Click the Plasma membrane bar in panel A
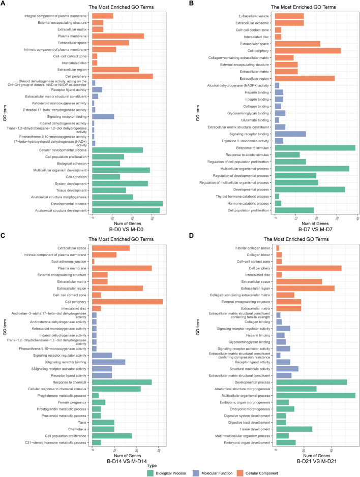[118, 36]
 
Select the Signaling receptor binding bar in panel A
[103, 116]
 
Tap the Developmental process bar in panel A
[127, 204]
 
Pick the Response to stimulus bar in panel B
[315, 148]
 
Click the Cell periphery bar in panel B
[308, 51]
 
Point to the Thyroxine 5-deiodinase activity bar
[279, 141]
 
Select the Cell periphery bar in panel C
[127, 302]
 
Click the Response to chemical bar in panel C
[122, 382]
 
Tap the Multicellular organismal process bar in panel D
[316, 396]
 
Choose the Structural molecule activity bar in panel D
[287, 369]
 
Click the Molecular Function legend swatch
[196, 473]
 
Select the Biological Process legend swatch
[150, 473]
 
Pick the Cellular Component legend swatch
[240, 473]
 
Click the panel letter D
[191, 235]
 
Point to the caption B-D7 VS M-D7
[315, 229]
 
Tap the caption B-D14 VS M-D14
[127, 461]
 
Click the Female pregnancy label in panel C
[72, 402]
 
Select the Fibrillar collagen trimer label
[253, 248]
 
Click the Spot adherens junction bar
[93, 262]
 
